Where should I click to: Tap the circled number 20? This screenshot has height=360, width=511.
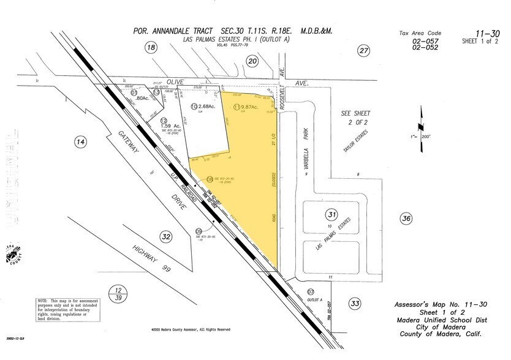coord(252,60)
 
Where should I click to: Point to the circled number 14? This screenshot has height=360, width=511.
coord(80,143)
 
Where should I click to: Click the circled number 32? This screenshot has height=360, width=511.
coord(165,237)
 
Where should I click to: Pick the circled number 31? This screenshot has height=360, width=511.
coord(331,214)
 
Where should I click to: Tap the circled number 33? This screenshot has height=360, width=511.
coord(355,302)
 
